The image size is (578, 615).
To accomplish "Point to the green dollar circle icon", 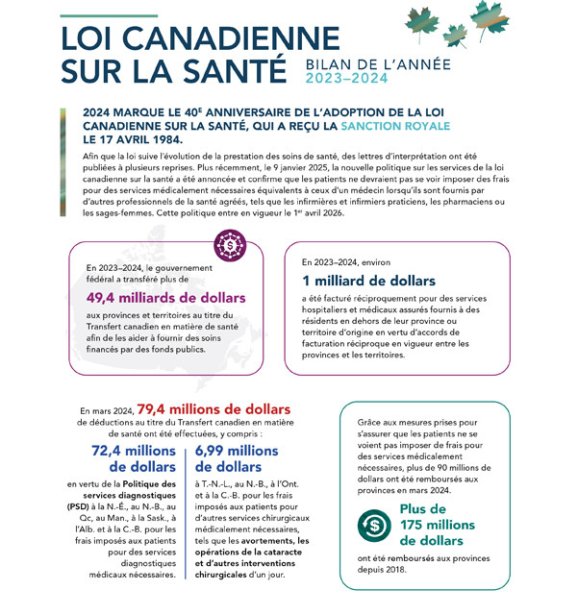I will [x=372, y=525].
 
